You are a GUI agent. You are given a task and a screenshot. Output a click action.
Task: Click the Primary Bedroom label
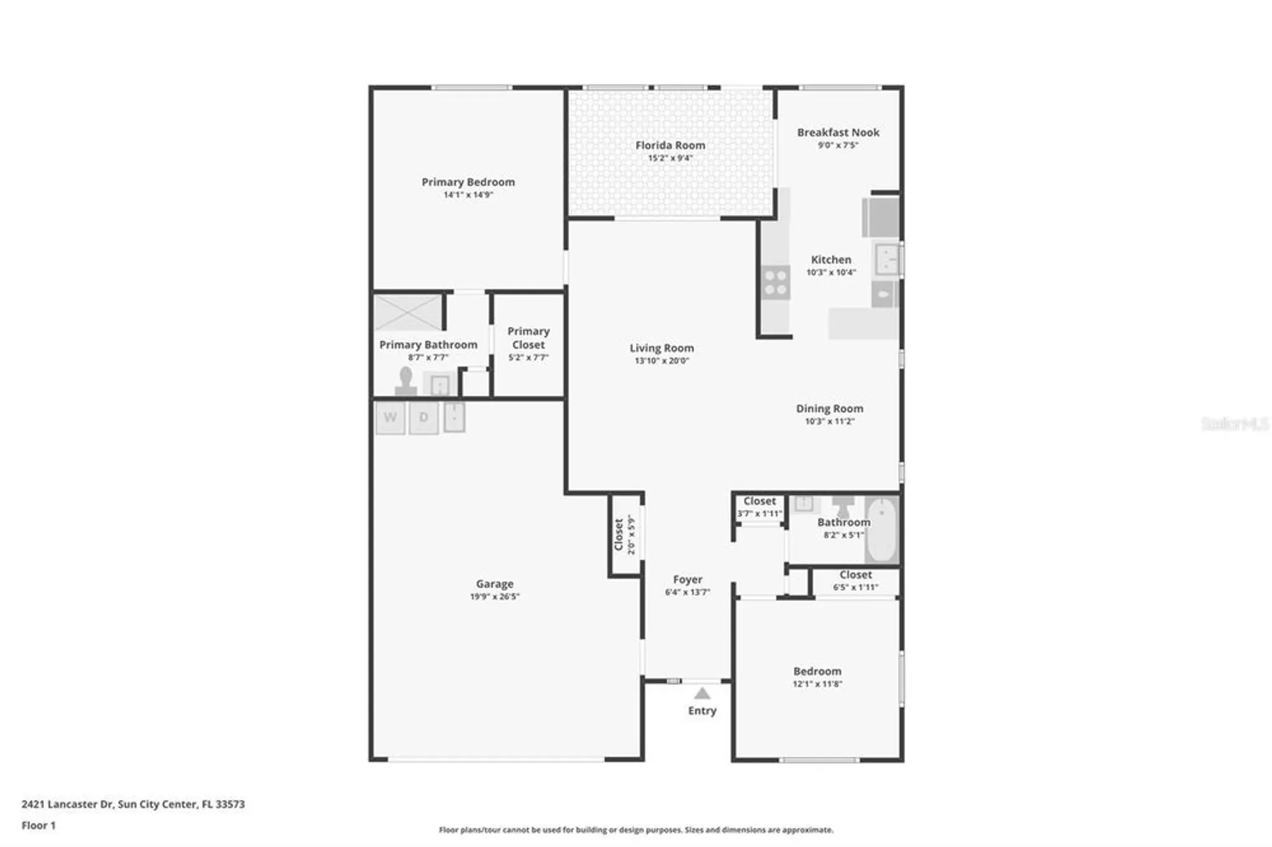(x=468, y=182)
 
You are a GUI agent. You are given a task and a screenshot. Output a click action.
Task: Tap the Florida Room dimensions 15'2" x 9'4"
(x=670, y=158)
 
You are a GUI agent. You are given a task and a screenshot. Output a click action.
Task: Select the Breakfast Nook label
(x=838, y=132)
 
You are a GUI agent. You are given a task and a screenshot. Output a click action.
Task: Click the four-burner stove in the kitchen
(x=776, y=283)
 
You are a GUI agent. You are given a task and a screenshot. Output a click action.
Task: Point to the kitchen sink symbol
(x=887, y=259)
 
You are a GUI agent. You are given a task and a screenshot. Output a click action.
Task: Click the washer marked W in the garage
(x=391, y=418)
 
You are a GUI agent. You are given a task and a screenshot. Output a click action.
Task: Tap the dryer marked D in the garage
(x=424, y=418)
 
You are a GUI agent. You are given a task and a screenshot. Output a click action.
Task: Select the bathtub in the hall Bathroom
(x=881, y=529)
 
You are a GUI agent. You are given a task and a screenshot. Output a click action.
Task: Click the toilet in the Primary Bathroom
(x=406, y=381)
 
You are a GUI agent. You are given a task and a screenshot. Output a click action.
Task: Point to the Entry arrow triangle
(x=702, y=693)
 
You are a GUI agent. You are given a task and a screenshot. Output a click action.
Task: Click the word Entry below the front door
(x=702, y=710)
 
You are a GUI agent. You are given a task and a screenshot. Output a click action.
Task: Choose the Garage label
(x=494, y=584)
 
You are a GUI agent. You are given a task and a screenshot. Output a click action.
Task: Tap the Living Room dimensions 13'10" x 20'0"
(x=661, y=361)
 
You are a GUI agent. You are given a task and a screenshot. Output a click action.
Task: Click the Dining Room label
(x=829, y=408)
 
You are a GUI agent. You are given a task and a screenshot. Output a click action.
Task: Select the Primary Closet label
(x=528, y=338)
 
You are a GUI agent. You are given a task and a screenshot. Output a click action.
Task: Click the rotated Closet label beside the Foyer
(x=618, y=534)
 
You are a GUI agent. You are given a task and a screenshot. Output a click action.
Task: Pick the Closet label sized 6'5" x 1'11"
(x=855, y=574)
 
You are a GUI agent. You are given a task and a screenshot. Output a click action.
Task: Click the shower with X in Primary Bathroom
(x=408, y=312)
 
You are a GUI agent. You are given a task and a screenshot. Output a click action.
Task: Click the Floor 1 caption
(x=38, y=825)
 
